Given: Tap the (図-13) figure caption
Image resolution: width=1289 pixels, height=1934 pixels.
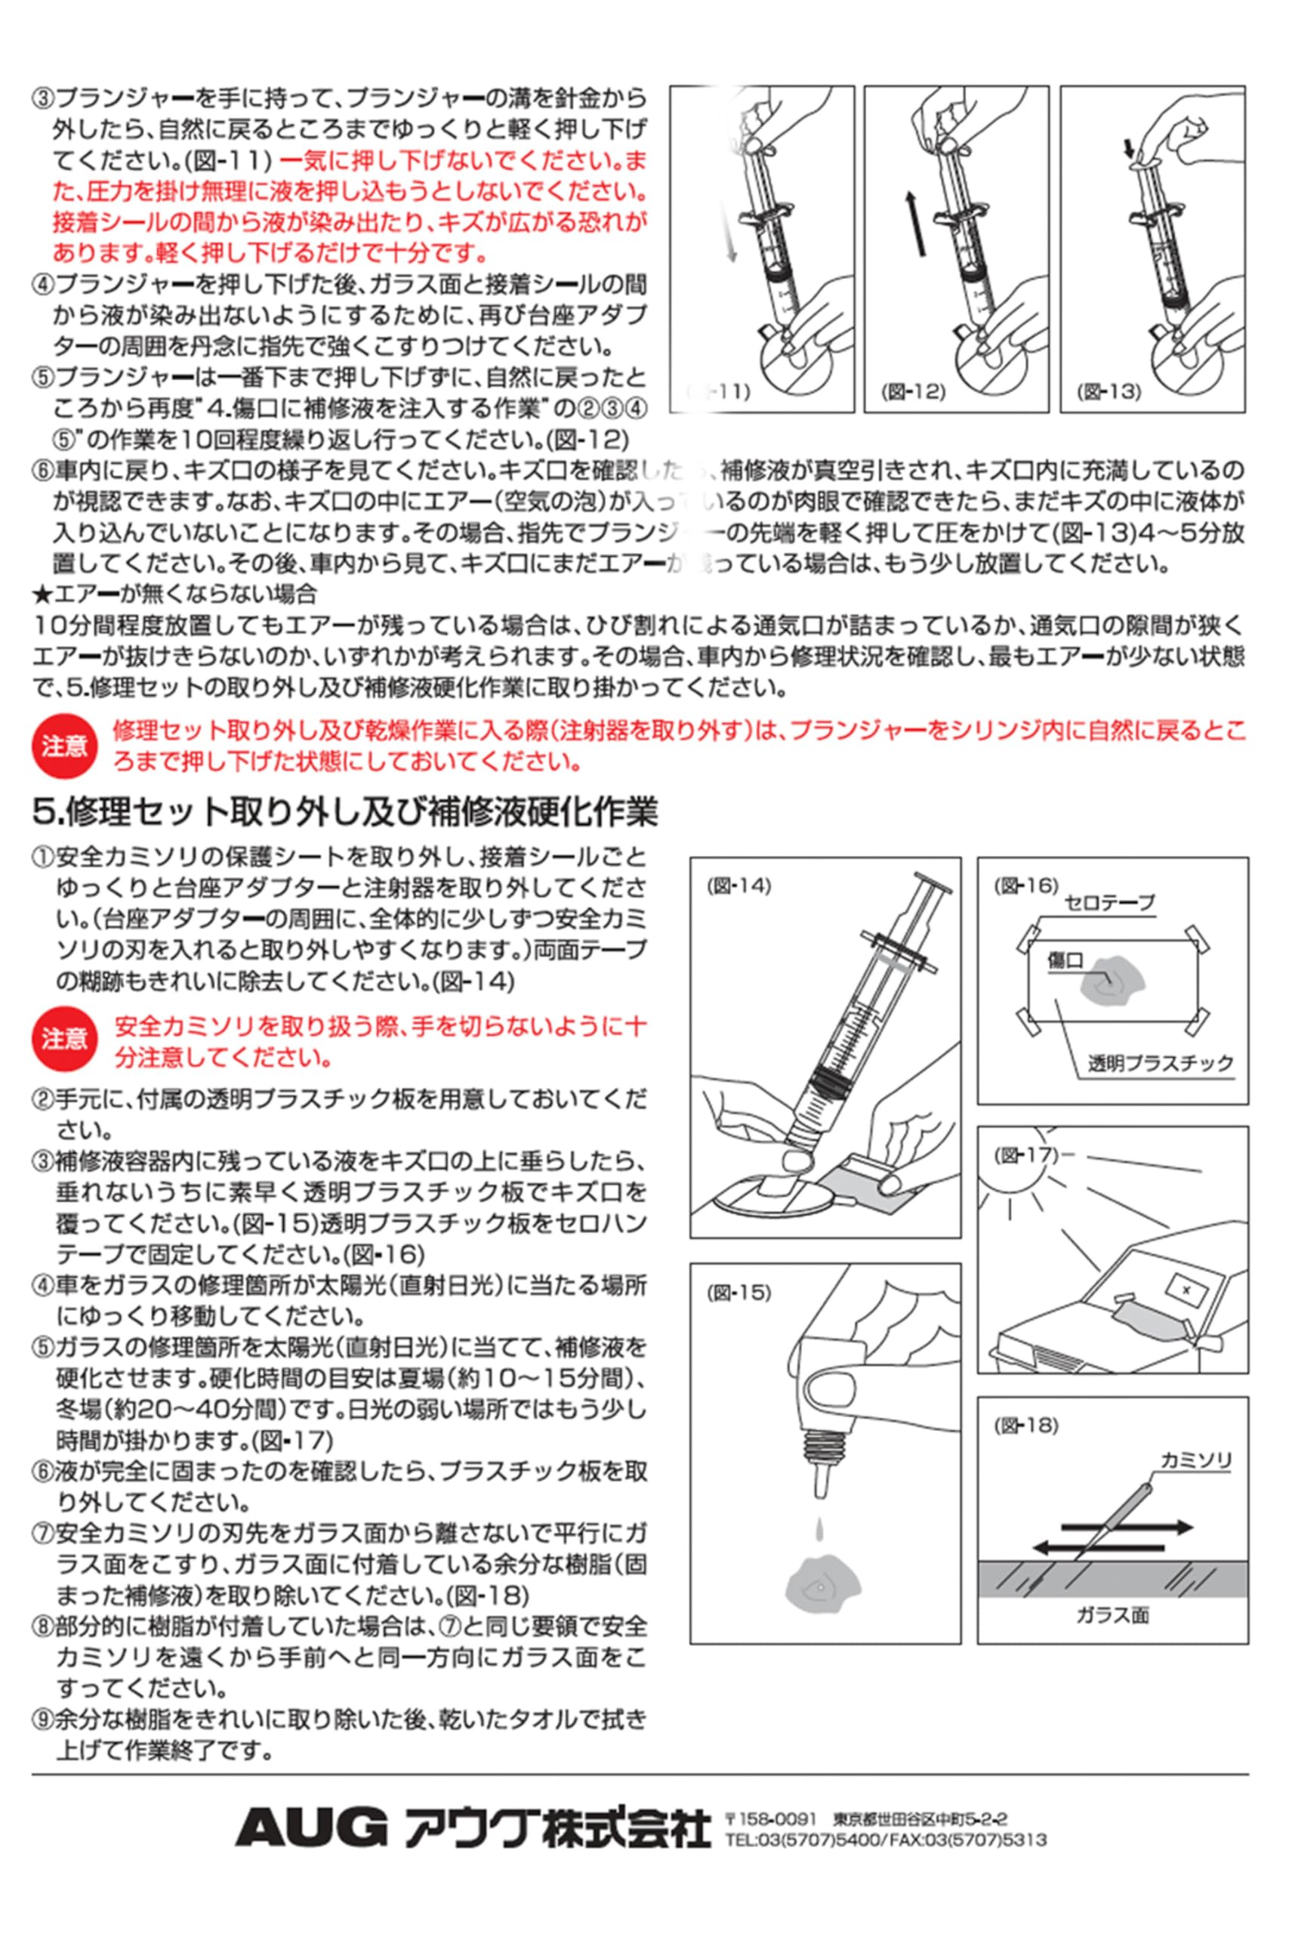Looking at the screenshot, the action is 1111,392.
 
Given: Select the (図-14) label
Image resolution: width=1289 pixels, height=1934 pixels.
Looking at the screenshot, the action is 739,886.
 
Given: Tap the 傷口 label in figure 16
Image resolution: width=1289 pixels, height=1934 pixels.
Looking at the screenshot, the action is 1066,959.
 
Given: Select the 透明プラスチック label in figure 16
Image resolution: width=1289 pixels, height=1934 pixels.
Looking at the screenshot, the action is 1161,1063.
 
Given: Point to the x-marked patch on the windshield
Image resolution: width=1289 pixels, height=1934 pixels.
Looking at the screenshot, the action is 1185,1290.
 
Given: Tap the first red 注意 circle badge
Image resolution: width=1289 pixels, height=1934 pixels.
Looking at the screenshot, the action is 63,746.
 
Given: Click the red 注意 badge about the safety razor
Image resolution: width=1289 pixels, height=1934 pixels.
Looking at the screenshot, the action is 63,1040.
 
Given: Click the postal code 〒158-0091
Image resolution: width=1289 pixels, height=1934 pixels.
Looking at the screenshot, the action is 771,1818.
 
